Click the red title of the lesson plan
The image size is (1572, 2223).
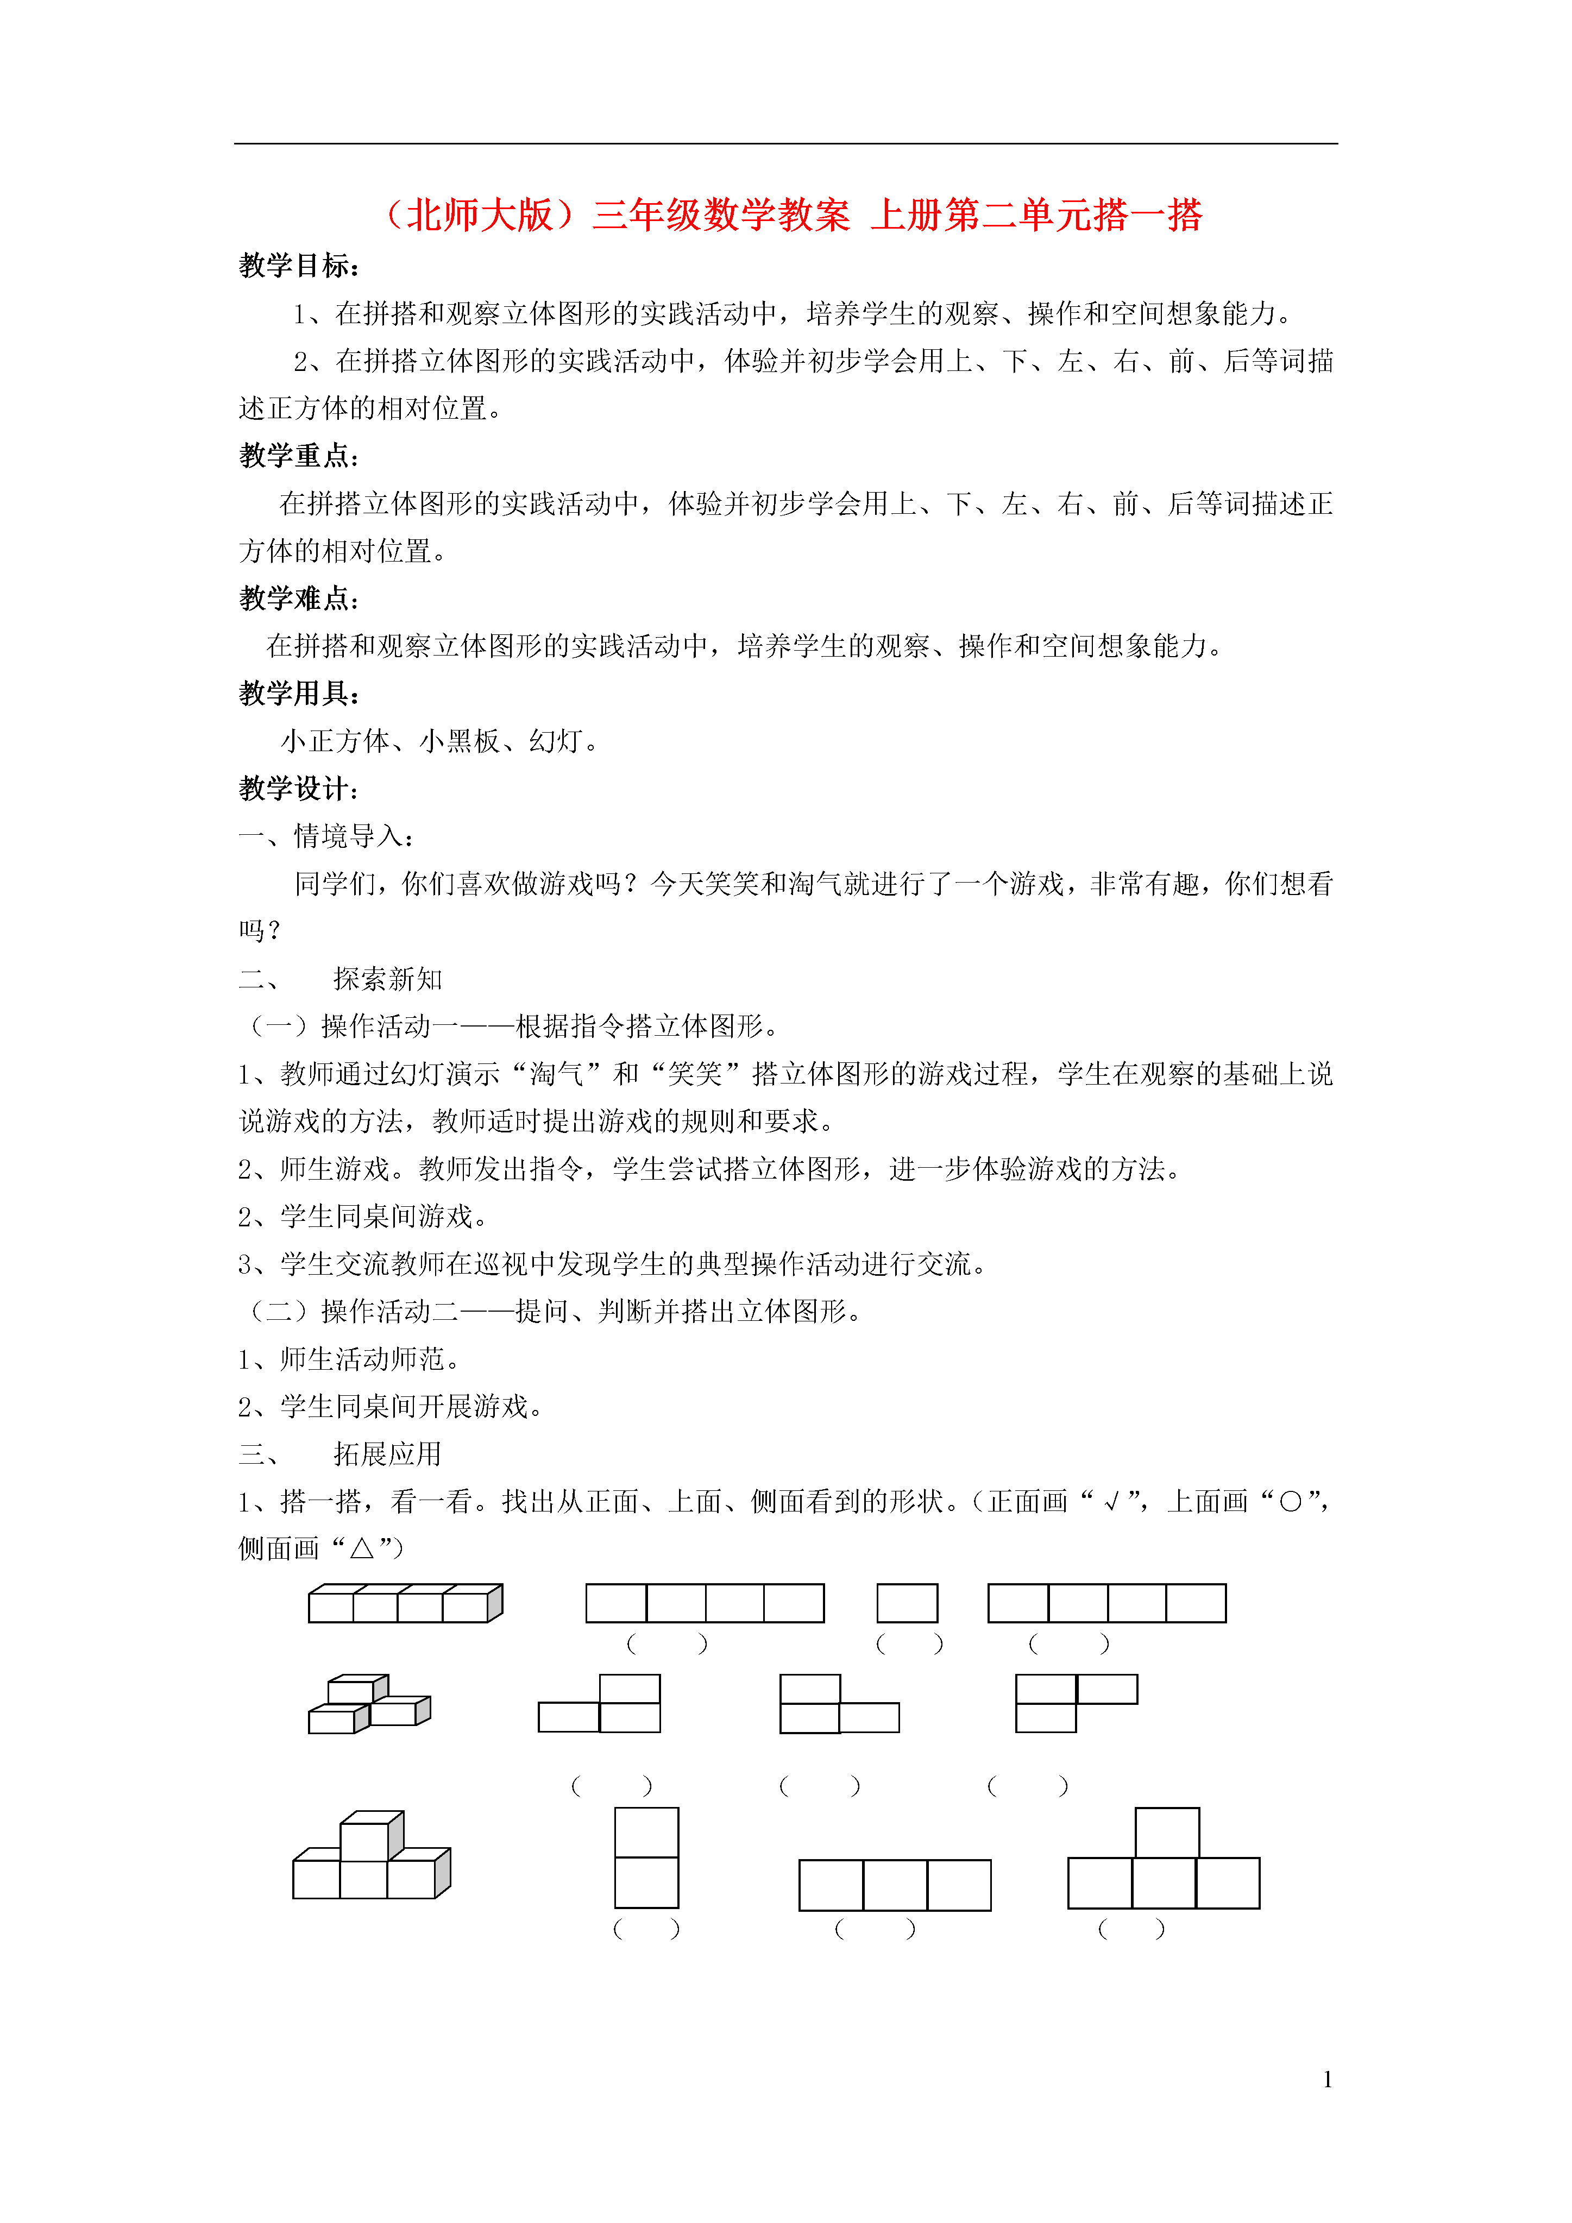[793, 215]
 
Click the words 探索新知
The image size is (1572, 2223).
[387, 979]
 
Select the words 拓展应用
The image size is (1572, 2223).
[387, 1453]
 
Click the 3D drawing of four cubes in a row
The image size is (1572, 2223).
[405, 1603]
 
